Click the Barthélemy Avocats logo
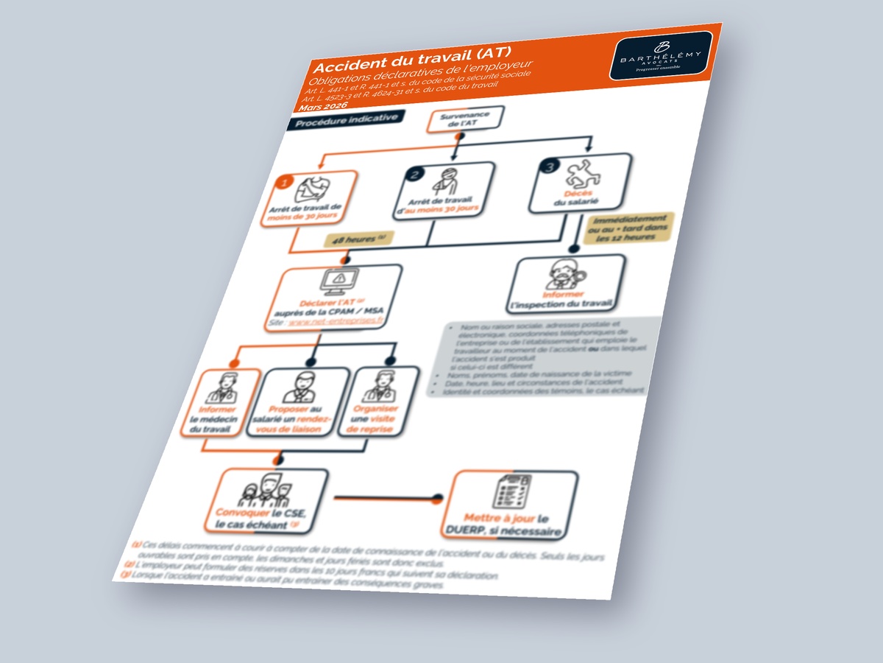pos(660,55)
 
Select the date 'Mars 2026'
pos(329,107)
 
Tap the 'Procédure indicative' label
pos(347,122)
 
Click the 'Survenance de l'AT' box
pos(464,119)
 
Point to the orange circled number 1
pos(283,182)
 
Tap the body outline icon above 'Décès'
pos(583,175)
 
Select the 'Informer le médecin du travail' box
pos(222,403)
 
